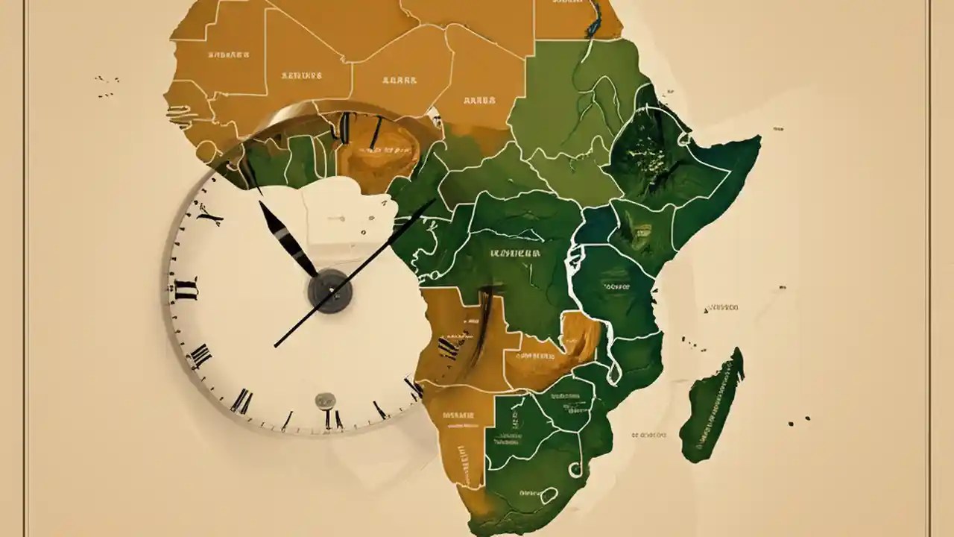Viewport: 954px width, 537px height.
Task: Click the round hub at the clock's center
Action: (329, 290)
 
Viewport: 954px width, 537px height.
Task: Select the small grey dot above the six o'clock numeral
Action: (325, 401)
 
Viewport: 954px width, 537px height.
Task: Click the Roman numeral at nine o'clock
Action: (185, 288)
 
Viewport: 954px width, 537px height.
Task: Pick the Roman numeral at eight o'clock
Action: (199, 357)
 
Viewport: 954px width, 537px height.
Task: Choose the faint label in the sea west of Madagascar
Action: (648, 433)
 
